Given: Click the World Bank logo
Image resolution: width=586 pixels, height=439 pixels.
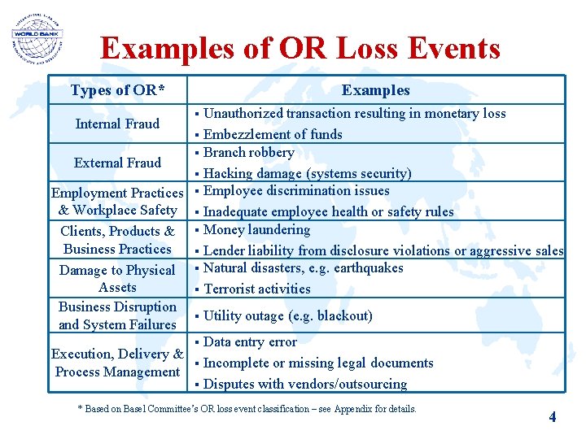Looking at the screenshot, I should (x=37, y=39).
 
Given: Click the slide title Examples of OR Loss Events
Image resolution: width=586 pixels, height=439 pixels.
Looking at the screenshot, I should (x=300, y=49).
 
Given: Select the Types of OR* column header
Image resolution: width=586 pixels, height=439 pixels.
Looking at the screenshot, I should (x=118, y=90).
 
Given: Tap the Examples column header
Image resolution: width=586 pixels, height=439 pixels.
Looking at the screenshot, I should (x=375, y=90).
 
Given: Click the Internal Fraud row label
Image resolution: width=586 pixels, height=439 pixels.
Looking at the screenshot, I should (x=117, y=124).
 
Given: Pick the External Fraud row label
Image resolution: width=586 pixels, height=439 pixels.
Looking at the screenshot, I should (x=117, y=163).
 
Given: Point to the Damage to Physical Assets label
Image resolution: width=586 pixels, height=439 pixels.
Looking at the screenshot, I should (x=117, y=279).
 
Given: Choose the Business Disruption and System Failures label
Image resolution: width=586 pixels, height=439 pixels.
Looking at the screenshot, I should (x=117, y=315).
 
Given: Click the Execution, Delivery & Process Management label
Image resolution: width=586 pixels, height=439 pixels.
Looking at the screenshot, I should (x=117, y=363).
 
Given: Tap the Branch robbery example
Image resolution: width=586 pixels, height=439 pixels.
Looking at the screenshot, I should (x=248, y=153).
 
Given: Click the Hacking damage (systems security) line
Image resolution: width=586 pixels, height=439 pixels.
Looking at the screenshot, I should (x=307, y=173).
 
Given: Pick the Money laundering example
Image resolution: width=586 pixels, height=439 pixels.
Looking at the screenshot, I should (x=256, y=230).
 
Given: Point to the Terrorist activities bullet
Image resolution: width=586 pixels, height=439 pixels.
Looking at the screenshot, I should (x=256, y=289).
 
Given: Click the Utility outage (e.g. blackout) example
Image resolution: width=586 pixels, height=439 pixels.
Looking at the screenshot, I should (x=287, y=315).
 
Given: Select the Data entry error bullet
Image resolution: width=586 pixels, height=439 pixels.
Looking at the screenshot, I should (x=250, y=342).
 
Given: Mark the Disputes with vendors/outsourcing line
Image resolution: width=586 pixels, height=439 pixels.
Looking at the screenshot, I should (x=304, y=384).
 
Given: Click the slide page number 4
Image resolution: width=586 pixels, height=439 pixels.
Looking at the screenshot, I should (x=553, y=417).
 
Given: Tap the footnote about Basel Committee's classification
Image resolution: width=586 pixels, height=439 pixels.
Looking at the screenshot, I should (x=247, y=409).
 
